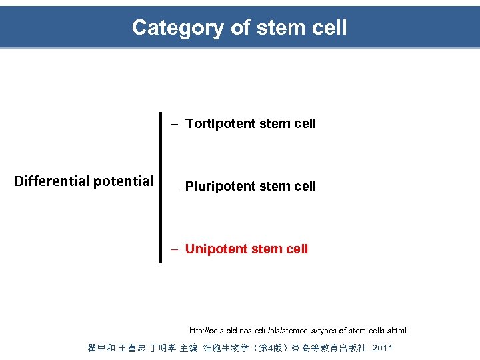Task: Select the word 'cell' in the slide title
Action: tap(329, 28)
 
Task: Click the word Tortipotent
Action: tap(219, 124)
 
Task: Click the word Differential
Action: tap(52, 181)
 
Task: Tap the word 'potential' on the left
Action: tap(123, 181)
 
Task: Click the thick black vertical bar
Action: tap(160, 187)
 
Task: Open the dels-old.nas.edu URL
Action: tap(297, 331)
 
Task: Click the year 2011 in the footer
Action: tap(382, 348)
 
